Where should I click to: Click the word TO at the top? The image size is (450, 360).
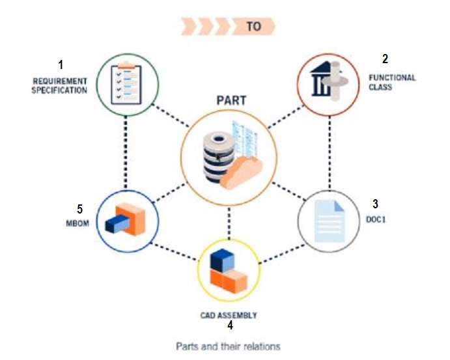tap(253, 27)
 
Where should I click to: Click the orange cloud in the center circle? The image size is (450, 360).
tap(242, 172)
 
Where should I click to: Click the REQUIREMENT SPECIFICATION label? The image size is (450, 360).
tap(61, 86)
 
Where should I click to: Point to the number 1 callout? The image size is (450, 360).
tap(61, 65)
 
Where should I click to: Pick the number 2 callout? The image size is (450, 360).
tap(385, 59)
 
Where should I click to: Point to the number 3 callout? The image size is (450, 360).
tap(375, 203)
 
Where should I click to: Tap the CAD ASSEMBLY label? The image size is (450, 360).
tap(229, 315)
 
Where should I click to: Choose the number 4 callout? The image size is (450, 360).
tap(230, 325)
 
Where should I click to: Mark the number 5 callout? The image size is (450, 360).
tap(79, 209)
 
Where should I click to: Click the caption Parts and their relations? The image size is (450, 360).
tap(228, 346)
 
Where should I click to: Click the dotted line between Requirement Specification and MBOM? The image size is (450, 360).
tap(125, 153)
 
